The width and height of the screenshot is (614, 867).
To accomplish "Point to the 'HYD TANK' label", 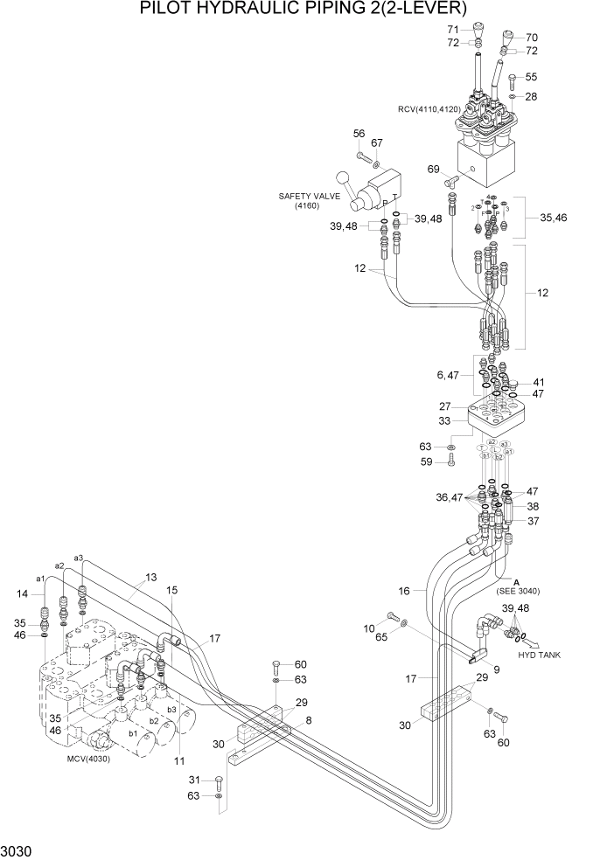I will point(540,655).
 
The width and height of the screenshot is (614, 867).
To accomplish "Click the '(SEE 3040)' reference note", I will point(517,592).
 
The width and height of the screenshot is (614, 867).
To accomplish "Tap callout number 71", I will point(453,30).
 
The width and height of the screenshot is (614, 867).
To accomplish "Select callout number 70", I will point(532,38).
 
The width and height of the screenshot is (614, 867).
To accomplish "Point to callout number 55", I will point(531,77).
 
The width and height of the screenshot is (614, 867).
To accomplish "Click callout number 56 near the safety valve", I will point(359,134).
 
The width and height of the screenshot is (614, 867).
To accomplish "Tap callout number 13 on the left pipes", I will point(151,577).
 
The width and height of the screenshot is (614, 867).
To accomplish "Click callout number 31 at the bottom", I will point(195,780).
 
